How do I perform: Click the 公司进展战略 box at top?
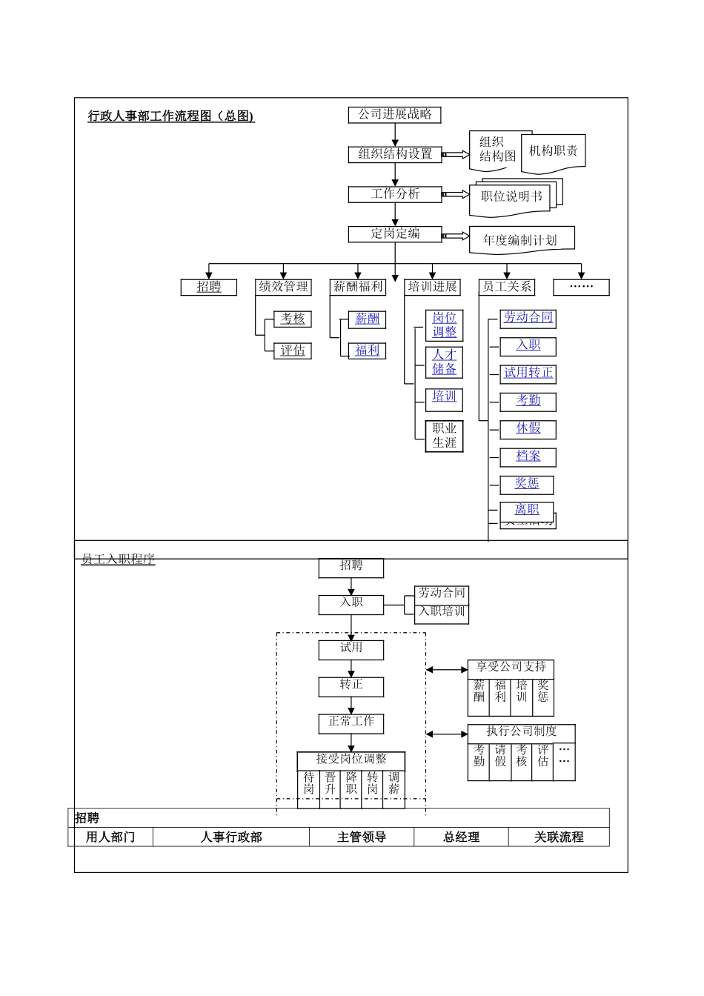tap(395, 115)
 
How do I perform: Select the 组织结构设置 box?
tap(395, 154)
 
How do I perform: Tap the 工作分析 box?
tap(395, 194)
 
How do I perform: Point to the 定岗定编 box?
tap(395, 234)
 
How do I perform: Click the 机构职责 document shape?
tap(554, 152)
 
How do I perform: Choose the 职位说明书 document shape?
tap(511, 197)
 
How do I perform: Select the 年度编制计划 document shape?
tap(520, 240)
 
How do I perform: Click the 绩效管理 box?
tap(283, 287)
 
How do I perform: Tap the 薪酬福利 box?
tap(358, 287)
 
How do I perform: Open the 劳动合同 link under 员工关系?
tap(528, 318)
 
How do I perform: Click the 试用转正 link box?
tap(528, 373)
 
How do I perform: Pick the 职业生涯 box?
tap(445, 436)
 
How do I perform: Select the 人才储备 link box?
tap(445, 362)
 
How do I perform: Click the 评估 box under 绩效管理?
tap(293, 351)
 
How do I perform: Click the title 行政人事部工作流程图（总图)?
tap(171, 116)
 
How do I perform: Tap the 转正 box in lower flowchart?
tap(351, 685)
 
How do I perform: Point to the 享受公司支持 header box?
tap(511, 668)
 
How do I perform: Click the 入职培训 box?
tap(442, 612)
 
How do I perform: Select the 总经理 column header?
tap(461, 837)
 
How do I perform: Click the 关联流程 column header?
tap(559, 837)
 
